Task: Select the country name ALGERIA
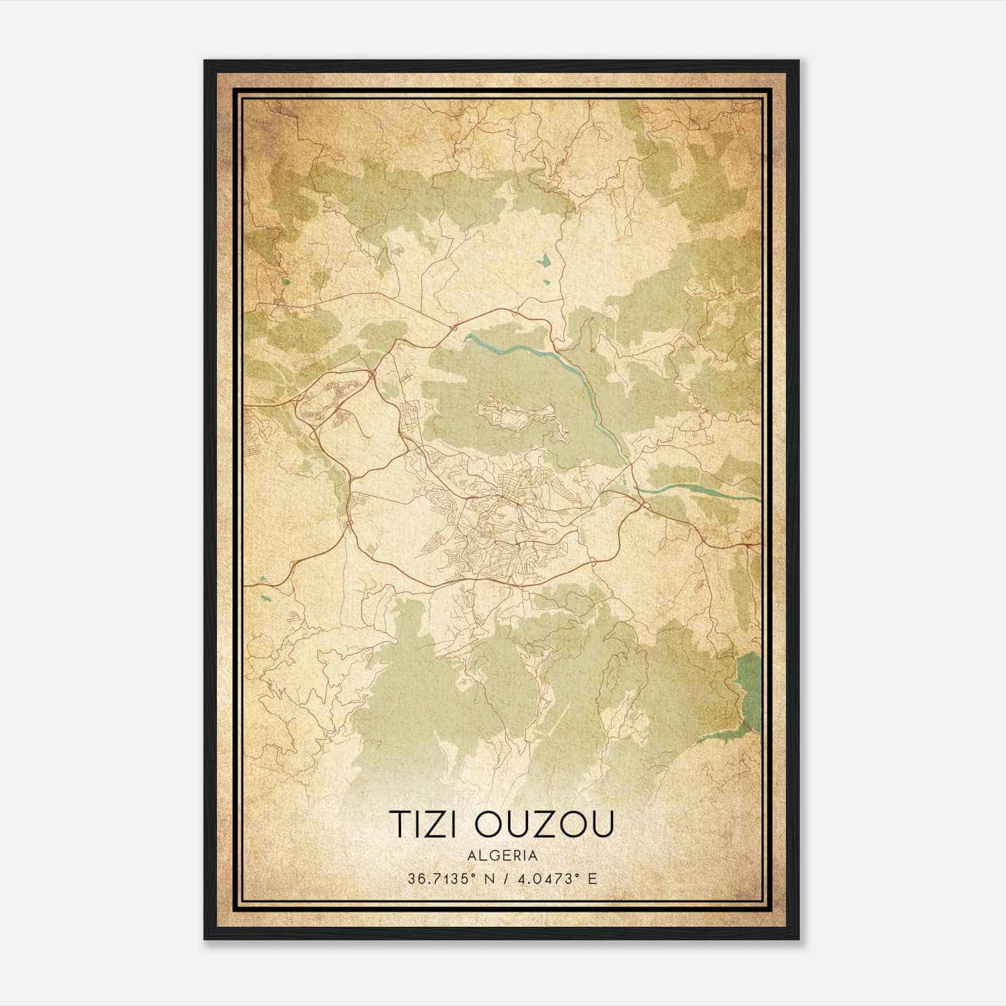click(x=502, y=856)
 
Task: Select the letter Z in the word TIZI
click(x=436, y=824)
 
